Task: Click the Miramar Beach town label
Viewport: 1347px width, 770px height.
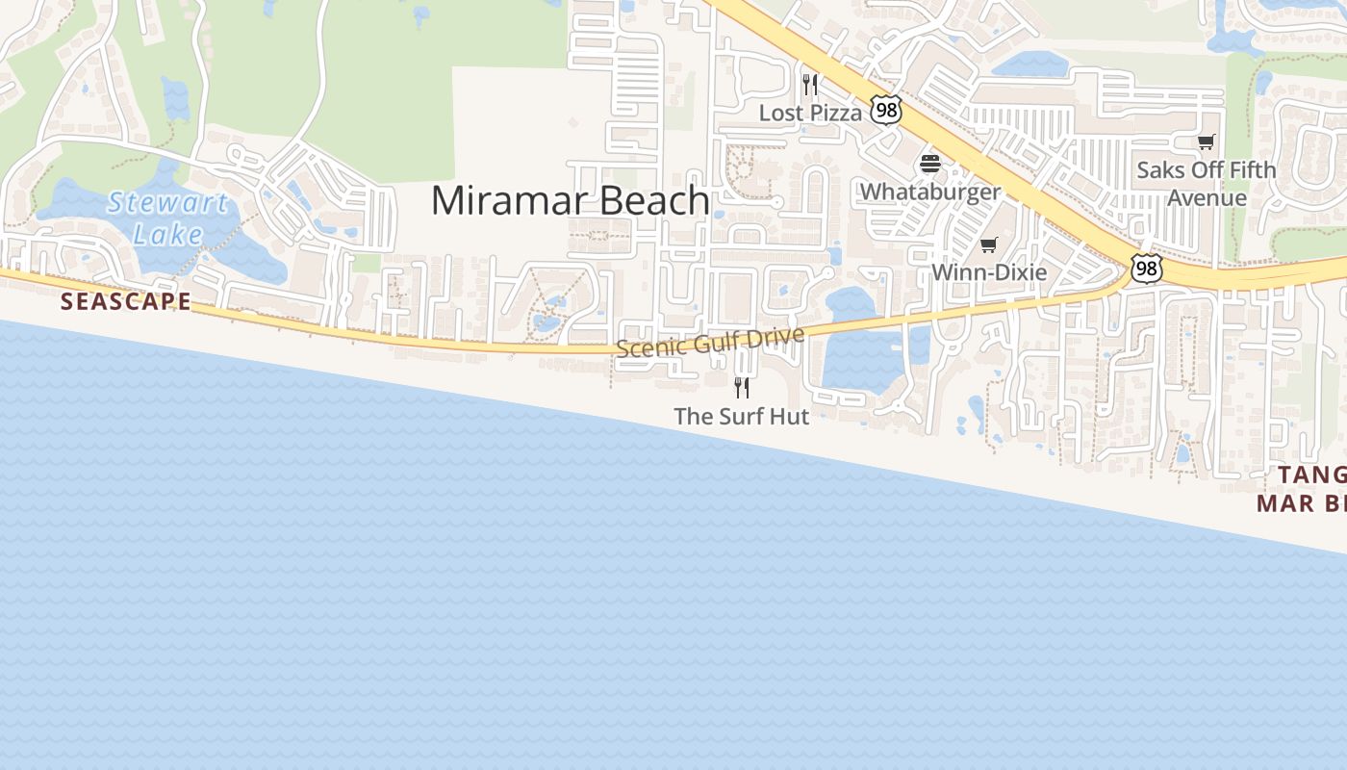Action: (570, 200)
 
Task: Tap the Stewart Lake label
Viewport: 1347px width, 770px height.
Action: (168, 218)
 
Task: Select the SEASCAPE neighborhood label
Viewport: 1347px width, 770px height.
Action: (126, 301)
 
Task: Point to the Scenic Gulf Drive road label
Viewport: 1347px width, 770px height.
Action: (710, 342)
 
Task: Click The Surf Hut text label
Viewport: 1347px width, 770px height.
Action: (741, 417)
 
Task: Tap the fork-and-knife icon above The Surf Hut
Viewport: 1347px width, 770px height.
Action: (742, 388)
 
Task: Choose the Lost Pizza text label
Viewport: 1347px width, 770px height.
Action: (810, 113)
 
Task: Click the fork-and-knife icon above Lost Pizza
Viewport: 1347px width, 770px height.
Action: (810, 85)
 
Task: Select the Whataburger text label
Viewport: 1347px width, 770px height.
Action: (929, 192)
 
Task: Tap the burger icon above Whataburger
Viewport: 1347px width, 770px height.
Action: (929, 163)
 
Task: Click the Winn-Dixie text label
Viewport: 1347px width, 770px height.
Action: (989, 272)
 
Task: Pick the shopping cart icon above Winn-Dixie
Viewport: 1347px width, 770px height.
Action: (989, 244)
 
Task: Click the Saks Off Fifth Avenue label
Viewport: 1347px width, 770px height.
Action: (1207, 184)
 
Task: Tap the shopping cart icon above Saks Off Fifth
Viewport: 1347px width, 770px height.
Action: (1207, 142)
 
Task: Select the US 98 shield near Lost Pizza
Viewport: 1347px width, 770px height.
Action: (885, 110)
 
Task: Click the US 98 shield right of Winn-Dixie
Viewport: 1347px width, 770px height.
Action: (1145, 269)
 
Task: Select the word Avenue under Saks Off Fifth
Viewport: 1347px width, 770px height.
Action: (1207, 198)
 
